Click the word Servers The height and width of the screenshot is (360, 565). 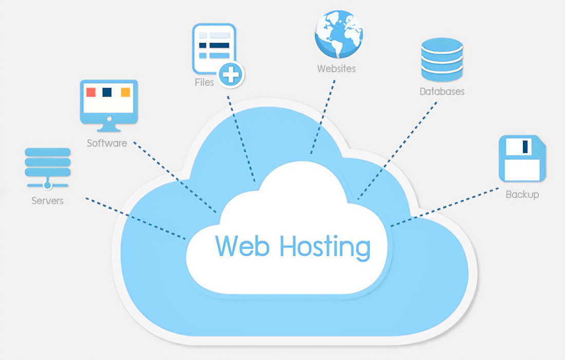click(47, 201)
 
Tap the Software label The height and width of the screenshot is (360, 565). click(107, 143)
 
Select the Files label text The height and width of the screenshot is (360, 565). click(204, 82)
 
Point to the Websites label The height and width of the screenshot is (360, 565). click(336, 68)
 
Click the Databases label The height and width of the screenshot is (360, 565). click(442, 92)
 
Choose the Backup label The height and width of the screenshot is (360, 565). click(522, 195)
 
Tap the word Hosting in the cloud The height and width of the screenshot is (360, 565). click(325, 247)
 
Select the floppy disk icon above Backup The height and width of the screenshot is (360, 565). click(522, 158)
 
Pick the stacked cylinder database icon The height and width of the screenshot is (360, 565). click(442, 59)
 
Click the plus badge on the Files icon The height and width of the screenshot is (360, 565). click(231, 75)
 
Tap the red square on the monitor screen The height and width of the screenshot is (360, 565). click(91, 92)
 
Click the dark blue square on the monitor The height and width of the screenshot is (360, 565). click(107, 92)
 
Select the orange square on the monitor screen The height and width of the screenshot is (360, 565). click(125, 92)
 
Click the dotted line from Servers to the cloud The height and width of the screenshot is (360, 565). click(136, 219)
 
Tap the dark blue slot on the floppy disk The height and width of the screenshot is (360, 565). click(525, 147)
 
